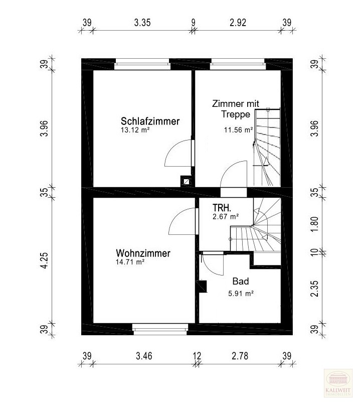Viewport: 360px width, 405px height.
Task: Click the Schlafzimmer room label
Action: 150,121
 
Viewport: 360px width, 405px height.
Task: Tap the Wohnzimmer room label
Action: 143,253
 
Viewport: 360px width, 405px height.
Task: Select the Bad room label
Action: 241,281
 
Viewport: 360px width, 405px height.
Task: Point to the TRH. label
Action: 222,208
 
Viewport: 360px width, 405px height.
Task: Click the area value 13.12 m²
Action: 135,130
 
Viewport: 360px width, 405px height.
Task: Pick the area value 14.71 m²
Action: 130,262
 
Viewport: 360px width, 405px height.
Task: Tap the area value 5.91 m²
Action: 241,294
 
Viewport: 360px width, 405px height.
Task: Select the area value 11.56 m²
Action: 238,129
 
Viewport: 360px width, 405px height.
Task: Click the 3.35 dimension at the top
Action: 142,23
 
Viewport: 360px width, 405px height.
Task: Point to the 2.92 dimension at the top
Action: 238,23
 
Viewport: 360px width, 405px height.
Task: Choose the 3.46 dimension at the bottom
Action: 144,356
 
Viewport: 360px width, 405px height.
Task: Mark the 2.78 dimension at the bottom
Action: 240,356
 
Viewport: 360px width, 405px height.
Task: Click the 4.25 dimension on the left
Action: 45,260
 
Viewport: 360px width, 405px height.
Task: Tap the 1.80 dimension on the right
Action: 314,224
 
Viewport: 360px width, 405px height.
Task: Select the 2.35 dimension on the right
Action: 314,289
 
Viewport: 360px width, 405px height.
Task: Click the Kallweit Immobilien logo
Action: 338,383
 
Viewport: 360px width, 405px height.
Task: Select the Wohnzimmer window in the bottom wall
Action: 160,329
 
